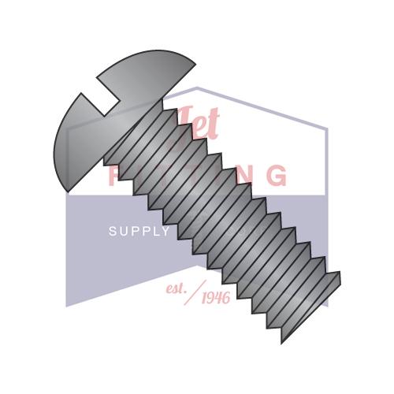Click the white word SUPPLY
[139, 231]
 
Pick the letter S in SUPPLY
[112, 231]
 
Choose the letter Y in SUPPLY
[165, 231]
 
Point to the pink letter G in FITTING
[277, 175]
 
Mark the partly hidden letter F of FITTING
[113, 175]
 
